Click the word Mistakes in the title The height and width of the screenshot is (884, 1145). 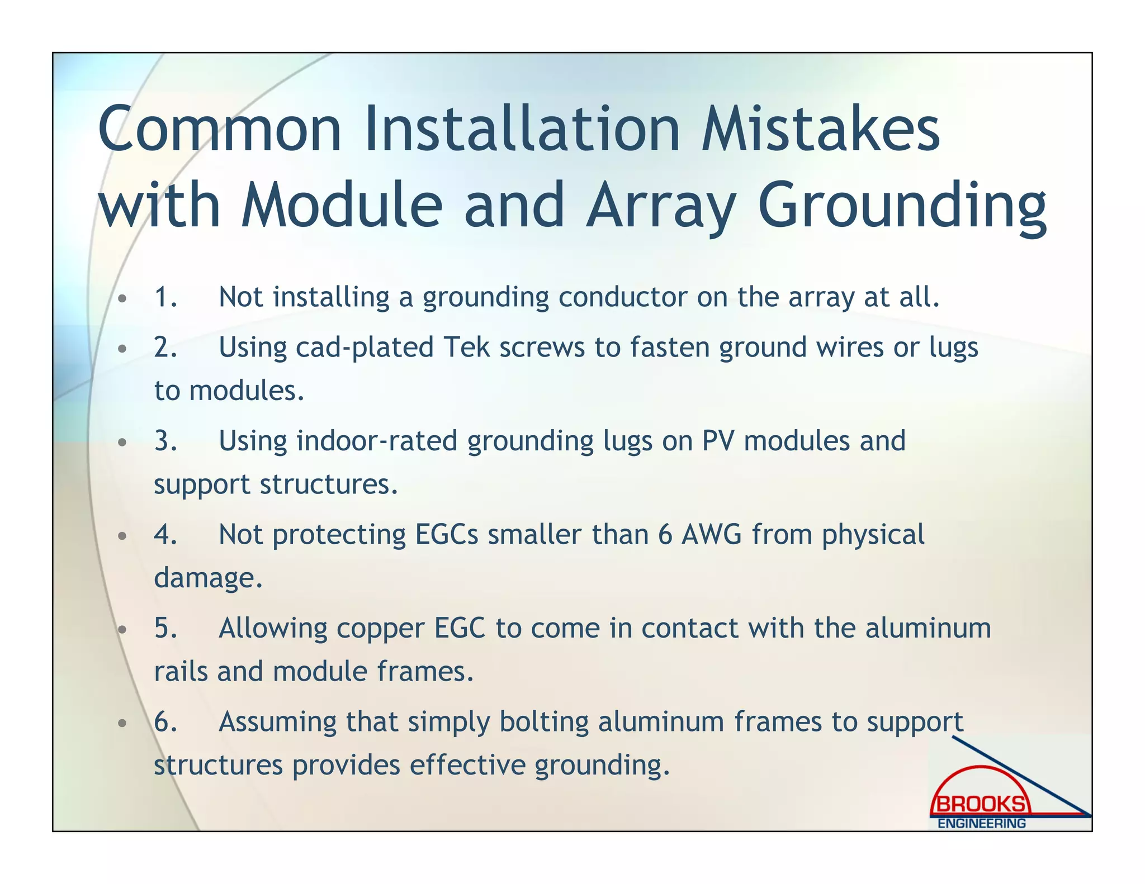tap(820, 130)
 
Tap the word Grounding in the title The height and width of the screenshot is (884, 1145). tap(901, 207)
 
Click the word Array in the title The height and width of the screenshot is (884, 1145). tap(660, 207)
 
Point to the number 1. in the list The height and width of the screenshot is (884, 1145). tap(165, 297)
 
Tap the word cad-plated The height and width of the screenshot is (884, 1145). tap(364, 348)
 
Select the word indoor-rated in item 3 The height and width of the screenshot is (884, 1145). tap(377, 441)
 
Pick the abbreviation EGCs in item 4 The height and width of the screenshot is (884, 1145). tap(446, 535)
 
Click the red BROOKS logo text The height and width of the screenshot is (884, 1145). tap(981, 805)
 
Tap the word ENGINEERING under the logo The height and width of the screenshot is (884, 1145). tap(981, 824)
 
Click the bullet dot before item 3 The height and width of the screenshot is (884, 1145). tap(122, 443)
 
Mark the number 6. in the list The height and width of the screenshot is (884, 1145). tap(165, 722)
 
